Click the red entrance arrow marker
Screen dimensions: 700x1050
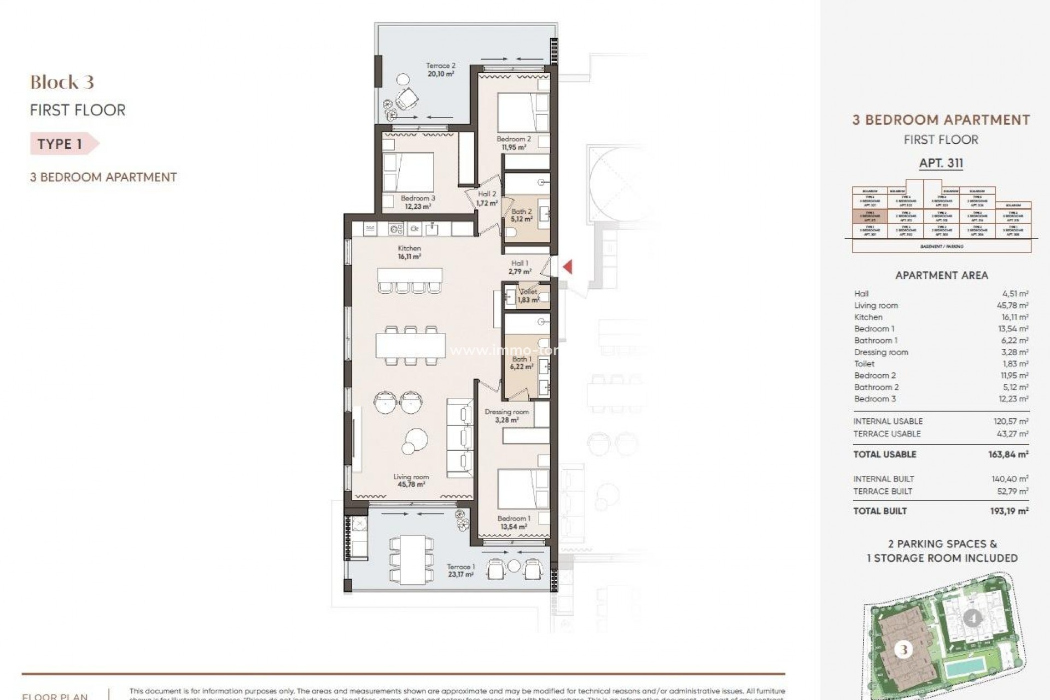pos(568,267)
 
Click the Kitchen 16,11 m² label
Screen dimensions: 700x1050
pos(409,252)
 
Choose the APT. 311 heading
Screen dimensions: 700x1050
pos(941,163)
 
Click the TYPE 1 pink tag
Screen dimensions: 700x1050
pos(61,144)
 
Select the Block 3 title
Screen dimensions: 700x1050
pos(62,83)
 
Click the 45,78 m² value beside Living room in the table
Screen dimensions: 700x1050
pos(1012,306)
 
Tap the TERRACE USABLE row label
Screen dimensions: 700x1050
pos(886,434)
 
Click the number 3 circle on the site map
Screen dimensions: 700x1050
pos(903,650)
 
